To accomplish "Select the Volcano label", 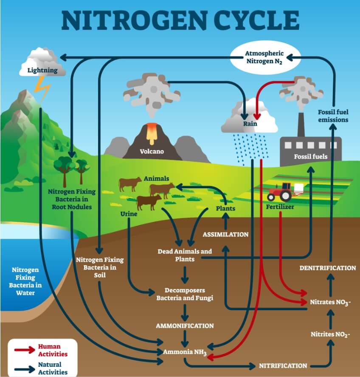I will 152,151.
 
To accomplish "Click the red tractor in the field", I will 281,192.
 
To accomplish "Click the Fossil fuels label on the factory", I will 311,156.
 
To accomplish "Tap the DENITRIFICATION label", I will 327,268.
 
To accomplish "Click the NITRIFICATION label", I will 283,366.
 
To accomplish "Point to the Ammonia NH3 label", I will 185,352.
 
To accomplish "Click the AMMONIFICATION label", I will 185,326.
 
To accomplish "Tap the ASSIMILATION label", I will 225,234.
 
